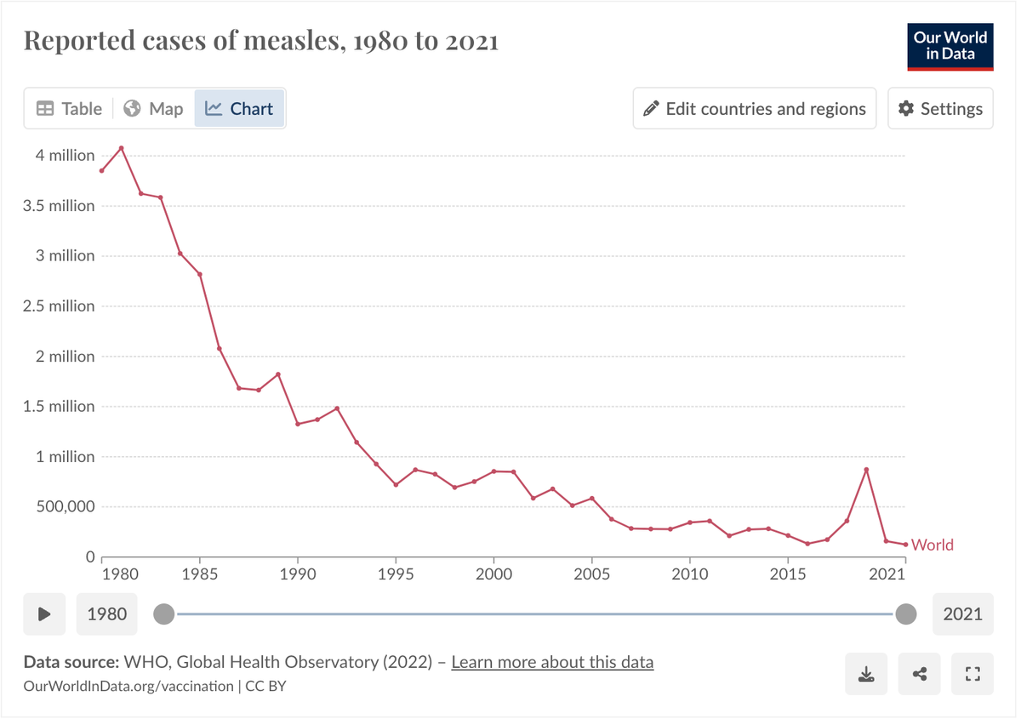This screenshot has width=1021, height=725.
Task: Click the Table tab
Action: pyautogui.click(x=69, y=109)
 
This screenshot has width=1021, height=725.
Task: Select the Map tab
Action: pyautogui.click(x=153, y=109)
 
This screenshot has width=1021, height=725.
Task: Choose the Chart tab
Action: pyautogui.click(x=240, y=109)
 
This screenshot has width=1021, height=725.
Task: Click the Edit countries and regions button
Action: pyautogui.click(x=754, y=109)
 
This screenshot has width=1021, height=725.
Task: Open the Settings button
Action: pyautogui.click(x=940, y=109)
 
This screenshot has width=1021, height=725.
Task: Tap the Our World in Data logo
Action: pyautogui.click(x=950, y=47)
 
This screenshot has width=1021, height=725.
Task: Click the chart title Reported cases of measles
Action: pyautogui.click(x=260, y=40)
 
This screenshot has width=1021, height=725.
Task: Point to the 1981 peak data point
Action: pyautogui.click(x=122, y=148)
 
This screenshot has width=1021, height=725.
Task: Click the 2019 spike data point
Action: pyautogui.click(x=866, y=470)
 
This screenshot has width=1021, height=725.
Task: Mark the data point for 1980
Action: pyautogui.click(x=102, y=170)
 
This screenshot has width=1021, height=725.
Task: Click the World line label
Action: pyautogui.click(x=932, y=545)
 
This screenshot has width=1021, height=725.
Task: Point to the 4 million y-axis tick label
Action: pyautogui.click(x=65, y=156)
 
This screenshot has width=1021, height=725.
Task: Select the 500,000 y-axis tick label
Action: pyautogui.click(x=59, y=507)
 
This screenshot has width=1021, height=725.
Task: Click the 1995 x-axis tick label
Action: pyautogui.click(x=396, y=574)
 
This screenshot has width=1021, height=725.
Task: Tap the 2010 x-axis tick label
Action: pyautogui.click(x=689, y=574)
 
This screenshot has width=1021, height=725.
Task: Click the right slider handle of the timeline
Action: pyautogui.click(x=906, y=614)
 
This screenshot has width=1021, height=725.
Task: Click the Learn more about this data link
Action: pyautogui.click(x=552, y=662)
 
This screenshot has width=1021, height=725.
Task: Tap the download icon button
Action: pyautogui.click(x=866, y=675)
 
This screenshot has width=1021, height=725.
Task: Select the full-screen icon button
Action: pyautogui.click(x=973, y=675)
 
